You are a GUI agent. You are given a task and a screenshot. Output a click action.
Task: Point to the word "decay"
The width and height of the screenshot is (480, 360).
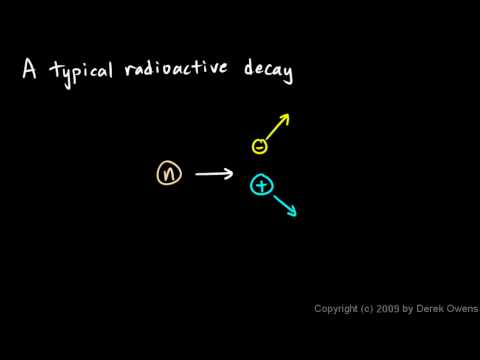(x=264, y=72)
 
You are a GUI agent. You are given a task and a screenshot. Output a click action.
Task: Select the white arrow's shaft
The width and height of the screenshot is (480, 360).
(x=210, y=174)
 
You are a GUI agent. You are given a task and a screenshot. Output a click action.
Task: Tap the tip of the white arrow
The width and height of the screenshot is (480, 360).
(x=233, y=174)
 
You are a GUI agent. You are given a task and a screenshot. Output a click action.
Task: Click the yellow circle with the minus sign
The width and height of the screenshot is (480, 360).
(x=260, y=146)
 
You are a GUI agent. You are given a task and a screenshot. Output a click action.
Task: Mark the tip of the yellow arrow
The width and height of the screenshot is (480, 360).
(x=288, y=115)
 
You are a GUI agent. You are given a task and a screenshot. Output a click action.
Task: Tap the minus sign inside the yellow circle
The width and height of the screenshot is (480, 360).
(x=260, y=146)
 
